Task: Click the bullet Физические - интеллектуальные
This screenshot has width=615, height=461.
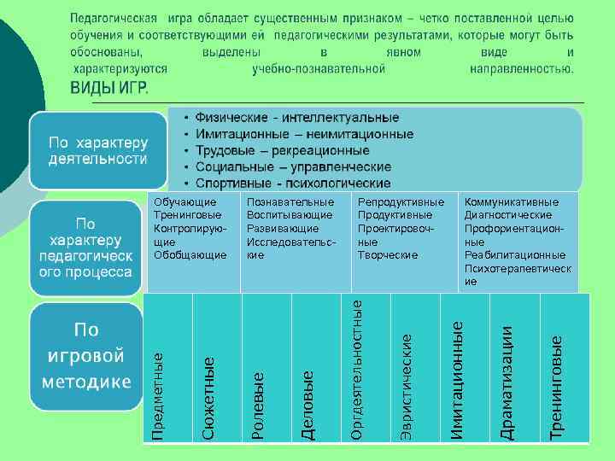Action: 297,118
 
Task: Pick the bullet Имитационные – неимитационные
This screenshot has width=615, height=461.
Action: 304,135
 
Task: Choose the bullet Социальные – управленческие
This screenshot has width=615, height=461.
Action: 293,167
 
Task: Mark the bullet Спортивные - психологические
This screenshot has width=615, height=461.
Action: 293,184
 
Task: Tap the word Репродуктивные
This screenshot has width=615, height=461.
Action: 401,202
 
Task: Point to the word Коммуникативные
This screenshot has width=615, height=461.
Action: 512,202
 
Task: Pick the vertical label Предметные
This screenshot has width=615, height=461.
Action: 158,396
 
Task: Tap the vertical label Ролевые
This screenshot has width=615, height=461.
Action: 258,405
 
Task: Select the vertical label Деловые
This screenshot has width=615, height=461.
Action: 308,405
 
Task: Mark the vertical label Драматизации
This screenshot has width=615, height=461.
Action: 507,382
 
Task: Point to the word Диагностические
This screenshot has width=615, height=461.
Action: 508,215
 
